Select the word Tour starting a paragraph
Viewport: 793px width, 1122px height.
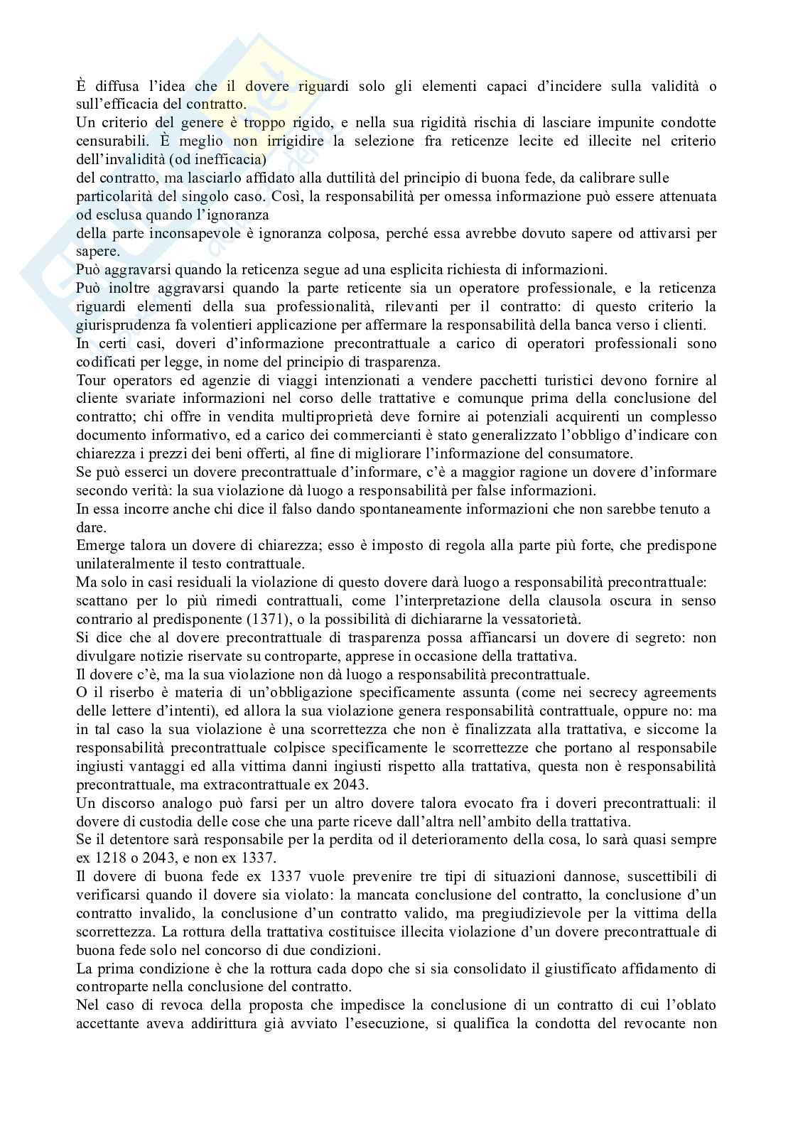(x=90, y=380)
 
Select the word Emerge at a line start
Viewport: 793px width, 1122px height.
(x=96, y=545)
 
